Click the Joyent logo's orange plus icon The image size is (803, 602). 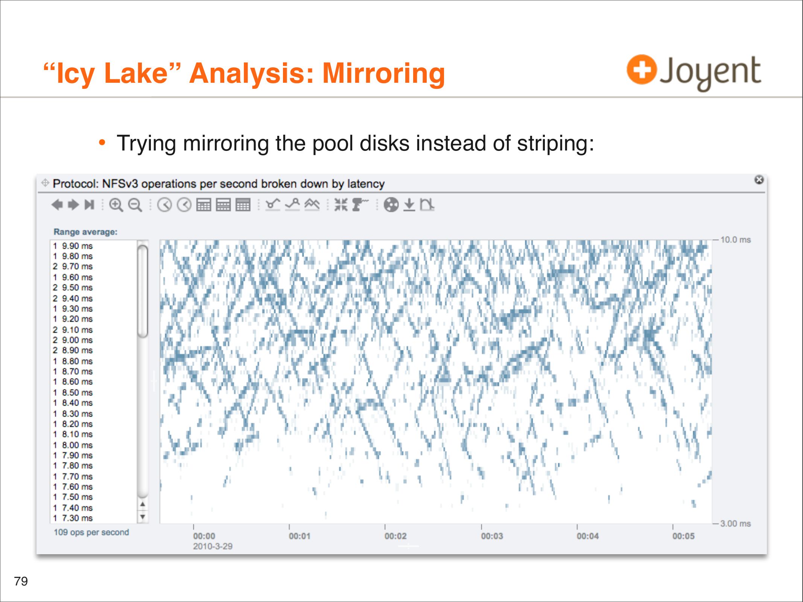pyautogui.click(x=642, y=70)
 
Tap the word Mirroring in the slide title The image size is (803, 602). pyautogui.click(x=384, y=73)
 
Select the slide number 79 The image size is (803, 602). pyautogui.click(x=21, y=581)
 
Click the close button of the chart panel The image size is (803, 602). pyautogui.click(x=759, y=180)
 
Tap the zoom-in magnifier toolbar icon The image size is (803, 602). pyautogui.click(x=116, y=205)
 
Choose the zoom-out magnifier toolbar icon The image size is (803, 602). pyautogui.click(x=135, y=205)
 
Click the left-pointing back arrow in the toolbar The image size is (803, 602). pyautogui.click(x=57, y=205)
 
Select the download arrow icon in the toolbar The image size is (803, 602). pyautogui.click(x=409, y=205)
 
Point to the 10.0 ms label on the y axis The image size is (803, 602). pyautogui.click(x=735, y=240)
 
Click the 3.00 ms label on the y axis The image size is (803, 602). pyautogui.click(x=735, y=523)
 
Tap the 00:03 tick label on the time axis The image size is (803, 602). pyautogui.click(x=492, y=536)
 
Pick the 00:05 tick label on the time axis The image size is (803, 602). pyautogui.click(x=683, y=536)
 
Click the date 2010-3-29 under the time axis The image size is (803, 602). pyautogui.click(x=213, y=546)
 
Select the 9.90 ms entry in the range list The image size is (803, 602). pyautogui.click(x=73, y=246)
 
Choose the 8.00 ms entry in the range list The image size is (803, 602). pyautogui.click(x=73, y=445)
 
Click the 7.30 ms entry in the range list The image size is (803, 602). pyautogui.click(x=73, y=518)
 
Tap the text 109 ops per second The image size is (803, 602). pyautogui.click(x=91, y=532)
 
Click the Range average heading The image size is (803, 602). pyautogui.click(x=85, y=232)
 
